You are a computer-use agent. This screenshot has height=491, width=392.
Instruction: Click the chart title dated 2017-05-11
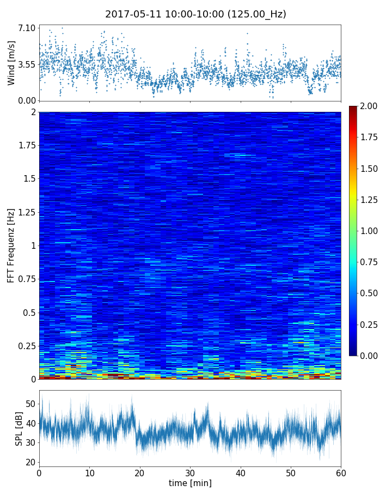(x=195, y=14)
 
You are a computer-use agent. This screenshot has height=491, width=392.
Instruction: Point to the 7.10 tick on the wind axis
(x=27, y=28)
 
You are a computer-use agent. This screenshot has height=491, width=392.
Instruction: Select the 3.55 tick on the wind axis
(x=27, y=64)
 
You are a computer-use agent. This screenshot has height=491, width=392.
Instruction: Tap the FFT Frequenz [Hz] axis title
(x=11, y=245)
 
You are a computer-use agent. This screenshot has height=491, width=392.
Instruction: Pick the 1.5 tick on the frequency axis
(x=29, y=179)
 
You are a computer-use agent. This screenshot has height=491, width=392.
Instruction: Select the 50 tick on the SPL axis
(x=30, y=404)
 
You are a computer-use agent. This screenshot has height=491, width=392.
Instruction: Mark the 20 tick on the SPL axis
(x=30, y=462)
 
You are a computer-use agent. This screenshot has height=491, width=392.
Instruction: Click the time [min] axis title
(x=190, y=483)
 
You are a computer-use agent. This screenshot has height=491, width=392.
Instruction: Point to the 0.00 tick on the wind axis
(x=27, y=100)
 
